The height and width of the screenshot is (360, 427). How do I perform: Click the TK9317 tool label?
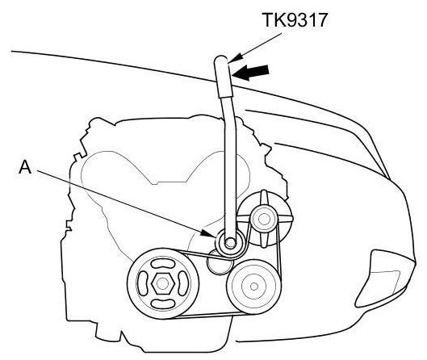tap(295, 20)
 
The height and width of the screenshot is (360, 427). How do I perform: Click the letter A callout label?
tap(25, 167)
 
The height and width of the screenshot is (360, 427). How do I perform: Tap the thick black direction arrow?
tap(250, 72)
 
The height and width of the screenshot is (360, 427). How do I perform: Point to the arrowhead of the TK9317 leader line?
tap(233, 59)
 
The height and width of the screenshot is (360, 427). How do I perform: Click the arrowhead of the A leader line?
tap(207, 233)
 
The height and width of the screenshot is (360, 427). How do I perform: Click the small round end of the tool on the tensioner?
tap(230, 242)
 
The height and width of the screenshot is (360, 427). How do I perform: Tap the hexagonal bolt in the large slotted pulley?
tap(163, 284)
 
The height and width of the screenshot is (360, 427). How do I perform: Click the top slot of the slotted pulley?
tap(163, 263)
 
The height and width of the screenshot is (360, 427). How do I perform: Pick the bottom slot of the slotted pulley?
tap(163, 304)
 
